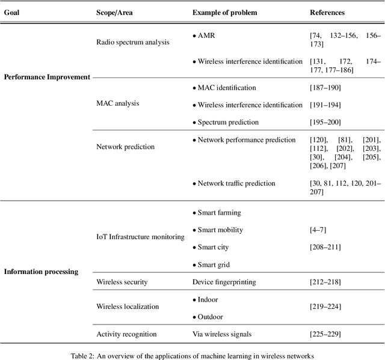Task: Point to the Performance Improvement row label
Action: point(47,77)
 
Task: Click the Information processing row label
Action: point(42,272)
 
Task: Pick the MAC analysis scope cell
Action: point(117,103)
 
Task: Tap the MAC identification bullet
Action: point(224,88)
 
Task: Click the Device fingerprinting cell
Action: point(223,282)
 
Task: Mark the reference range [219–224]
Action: point(325,307)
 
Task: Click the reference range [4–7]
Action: point(319,230)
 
